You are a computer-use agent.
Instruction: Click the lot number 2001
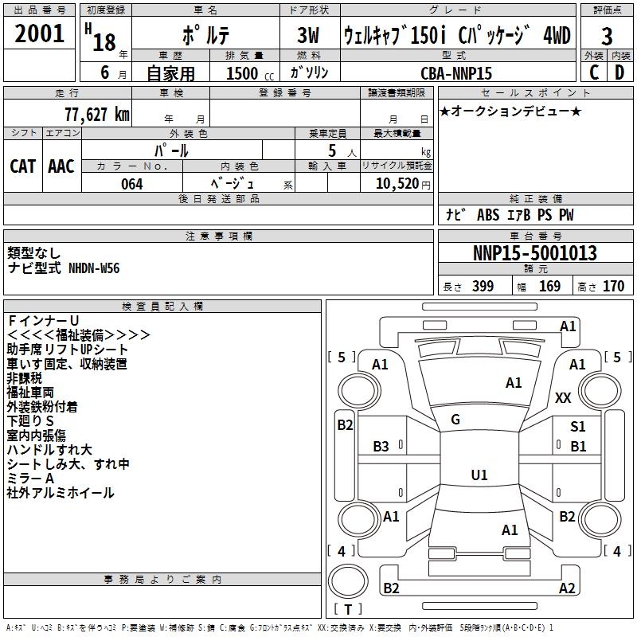41,36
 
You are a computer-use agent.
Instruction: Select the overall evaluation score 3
607,37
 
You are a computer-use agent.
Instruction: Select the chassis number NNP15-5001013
534,254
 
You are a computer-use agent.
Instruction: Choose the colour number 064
132,184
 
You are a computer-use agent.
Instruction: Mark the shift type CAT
23,166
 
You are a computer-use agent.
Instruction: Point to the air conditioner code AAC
61,166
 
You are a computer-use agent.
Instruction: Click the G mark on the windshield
455,420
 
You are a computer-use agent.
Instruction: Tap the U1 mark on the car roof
479,475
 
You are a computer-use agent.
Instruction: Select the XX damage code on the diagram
563,398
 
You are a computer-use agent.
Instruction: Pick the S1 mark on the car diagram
577,427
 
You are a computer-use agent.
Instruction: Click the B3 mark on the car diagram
381,447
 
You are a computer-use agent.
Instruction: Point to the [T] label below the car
348,610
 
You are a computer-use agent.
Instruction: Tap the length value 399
483,287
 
